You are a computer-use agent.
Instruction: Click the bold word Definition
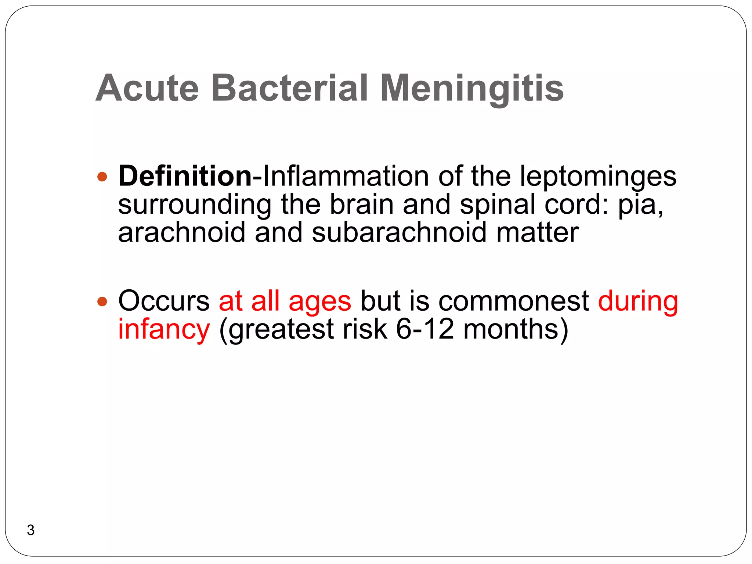[185, 177]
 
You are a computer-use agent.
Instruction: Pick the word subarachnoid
[399, 232]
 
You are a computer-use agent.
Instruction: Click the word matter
[537, 232]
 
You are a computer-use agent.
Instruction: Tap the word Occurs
[164, 301]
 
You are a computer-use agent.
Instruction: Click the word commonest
[514, 301]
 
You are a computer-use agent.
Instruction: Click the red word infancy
[164, 330]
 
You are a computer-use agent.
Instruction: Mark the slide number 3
[31, 530]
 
